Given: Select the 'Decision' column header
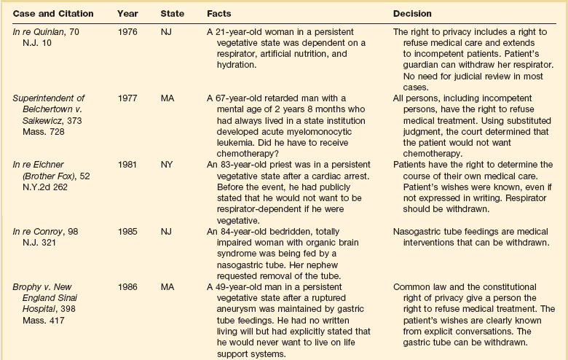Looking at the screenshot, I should (x=412, y=14).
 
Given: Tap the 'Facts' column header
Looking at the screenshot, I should (x=219, y=14).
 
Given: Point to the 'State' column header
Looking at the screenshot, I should (x=173, y=14).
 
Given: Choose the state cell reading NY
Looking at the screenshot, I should (x=167, y=164).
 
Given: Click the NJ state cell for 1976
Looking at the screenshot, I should (x=167, y=32).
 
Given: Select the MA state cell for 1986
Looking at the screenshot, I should (x=167, y=287).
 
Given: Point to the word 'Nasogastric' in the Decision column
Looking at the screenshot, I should (x=417, y=231).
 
